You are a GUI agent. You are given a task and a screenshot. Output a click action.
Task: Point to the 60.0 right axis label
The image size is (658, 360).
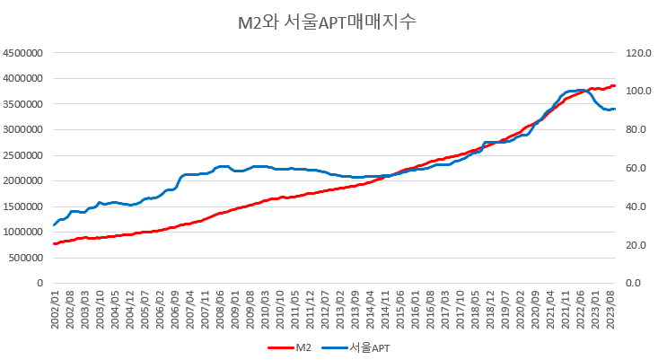[633, 168]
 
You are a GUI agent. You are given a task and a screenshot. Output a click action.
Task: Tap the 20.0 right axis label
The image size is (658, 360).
[633, 245]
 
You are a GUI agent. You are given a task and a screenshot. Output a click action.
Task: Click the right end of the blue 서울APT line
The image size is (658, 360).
[614, 110]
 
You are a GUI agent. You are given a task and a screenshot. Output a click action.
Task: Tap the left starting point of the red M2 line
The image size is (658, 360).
[54, 243]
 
